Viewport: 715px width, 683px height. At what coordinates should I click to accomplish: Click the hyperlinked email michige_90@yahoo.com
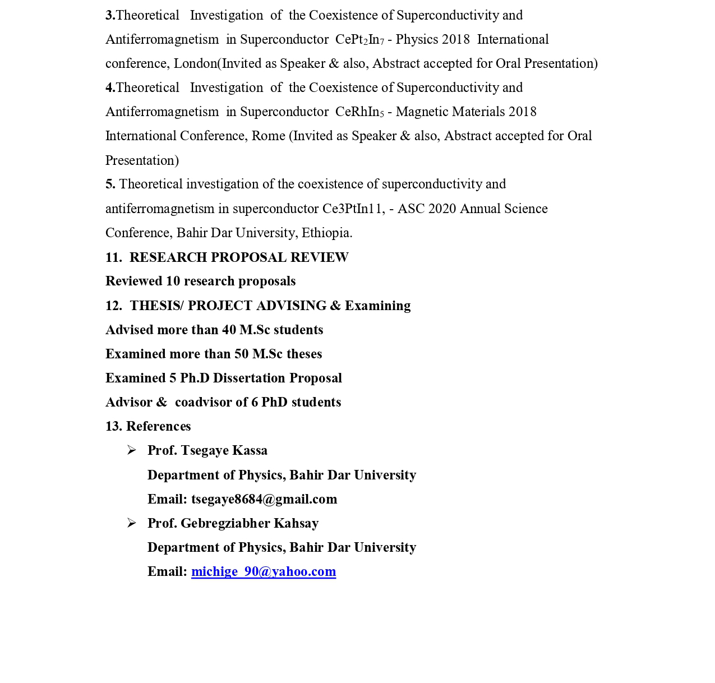(264, 571)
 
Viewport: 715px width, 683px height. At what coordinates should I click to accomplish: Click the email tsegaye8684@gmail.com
(264, 499)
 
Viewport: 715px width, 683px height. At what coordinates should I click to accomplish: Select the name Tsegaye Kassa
(224, 450)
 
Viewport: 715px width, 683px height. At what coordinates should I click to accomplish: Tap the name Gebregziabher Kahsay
(250, 523)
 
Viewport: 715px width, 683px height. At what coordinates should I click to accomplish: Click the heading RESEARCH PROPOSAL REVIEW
(239, 257)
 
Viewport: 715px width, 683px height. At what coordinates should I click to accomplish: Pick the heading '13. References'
(148, 426)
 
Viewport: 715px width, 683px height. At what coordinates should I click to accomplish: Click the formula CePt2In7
(359, 39)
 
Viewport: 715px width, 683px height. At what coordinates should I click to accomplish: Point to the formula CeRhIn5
(359, 112)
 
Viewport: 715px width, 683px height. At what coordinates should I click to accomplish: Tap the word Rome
(268, 136)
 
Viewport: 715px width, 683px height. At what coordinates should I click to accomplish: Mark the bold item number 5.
(110, 184)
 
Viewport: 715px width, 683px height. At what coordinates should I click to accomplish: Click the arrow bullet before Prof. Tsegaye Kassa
(132, 450)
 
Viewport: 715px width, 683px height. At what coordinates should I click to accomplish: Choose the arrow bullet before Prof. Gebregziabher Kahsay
(132, 523)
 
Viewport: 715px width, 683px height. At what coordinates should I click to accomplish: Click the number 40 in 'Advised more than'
(229, 330)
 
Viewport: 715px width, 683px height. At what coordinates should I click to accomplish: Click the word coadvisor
(204, 402)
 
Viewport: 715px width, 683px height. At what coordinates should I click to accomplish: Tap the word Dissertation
(249, 378)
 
